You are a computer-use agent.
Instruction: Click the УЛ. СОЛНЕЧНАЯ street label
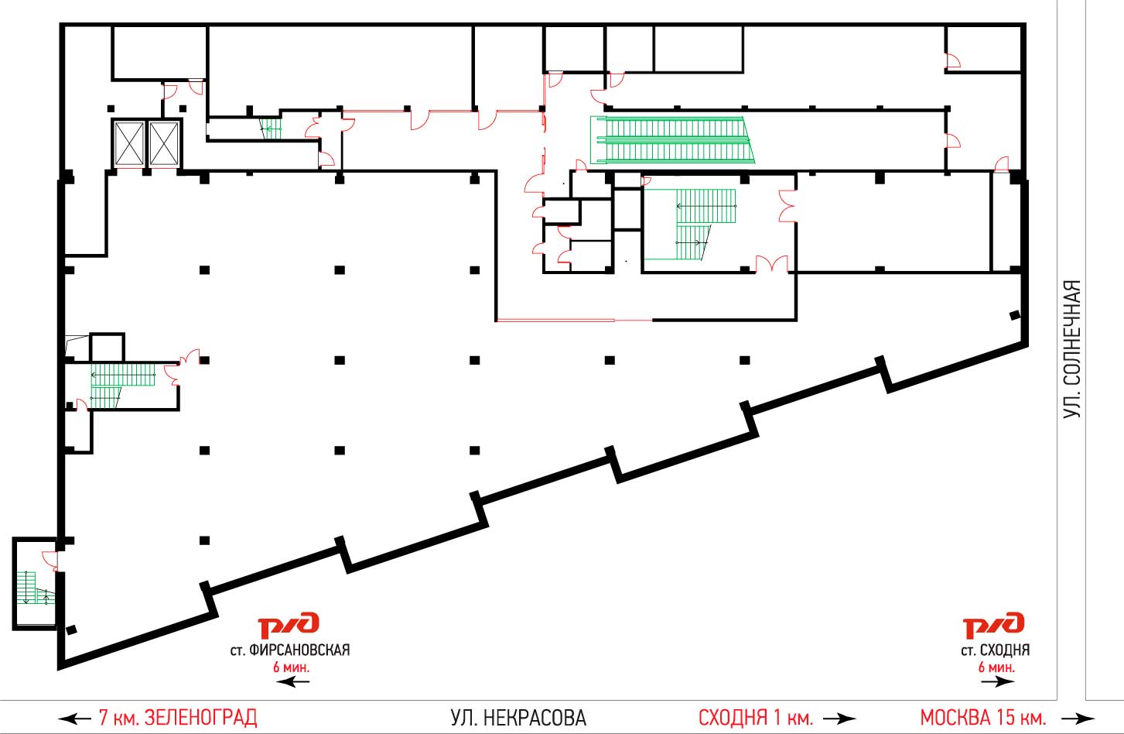click(x=1072, y=349)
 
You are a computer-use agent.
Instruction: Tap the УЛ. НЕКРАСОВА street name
click(x=518, y=718)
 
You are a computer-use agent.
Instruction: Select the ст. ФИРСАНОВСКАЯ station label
click(x=290, y=650)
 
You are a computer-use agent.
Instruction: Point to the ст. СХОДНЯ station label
click(x=996, y=650)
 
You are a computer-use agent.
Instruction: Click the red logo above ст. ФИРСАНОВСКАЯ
click(x=289, y=625)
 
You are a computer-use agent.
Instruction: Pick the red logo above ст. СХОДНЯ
click(x=993, y=625)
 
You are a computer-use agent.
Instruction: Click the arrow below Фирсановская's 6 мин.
click(x=293, y=682)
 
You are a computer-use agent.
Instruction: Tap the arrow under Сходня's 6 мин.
click(x=998, y=682)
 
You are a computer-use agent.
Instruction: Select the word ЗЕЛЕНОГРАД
click(x=200, y=718)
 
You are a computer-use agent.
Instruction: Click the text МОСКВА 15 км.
click(x=983, y=718)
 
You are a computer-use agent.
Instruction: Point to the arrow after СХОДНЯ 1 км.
click(x=839, y=719)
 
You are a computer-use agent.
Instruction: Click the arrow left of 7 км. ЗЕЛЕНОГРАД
click(x=74, y=719)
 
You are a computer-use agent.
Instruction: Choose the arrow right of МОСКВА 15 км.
click(x=1078, y=719)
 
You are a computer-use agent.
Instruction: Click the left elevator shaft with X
click(x=129, y=144)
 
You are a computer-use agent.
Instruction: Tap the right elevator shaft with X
click(x=164, y=144)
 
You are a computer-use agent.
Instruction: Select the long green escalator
click(x=672, y=140)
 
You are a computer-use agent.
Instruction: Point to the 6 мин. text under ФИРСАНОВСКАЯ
click(x=291, y=667)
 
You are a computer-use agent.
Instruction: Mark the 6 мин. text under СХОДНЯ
click(x=996, y=667)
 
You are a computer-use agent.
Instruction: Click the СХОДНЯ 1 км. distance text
click(x=756, y=718)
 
